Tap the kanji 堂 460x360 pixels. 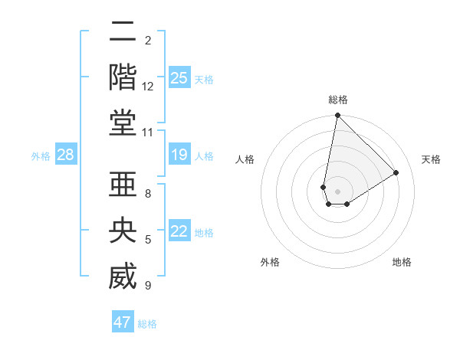[x=122, y=123]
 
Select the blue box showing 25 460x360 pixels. [x=179, y=77]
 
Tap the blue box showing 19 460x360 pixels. [x=179, y=155]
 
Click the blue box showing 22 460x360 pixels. [x=179, y=232]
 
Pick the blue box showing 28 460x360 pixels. [x=66, y=155]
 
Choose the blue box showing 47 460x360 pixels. [x=123, y=322]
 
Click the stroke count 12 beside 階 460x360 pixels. [x=148, y=87]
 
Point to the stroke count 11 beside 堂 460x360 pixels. [x=148, y=133]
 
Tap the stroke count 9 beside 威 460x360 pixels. [x=148, y=286]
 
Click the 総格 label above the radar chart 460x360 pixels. [x=337, y=100]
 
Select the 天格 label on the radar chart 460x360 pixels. [x=431, y=159]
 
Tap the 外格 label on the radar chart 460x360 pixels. [x=269, y=262]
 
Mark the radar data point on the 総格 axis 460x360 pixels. [x=337, y=116]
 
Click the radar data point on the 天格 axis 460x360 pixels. [x=396, y=172]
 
